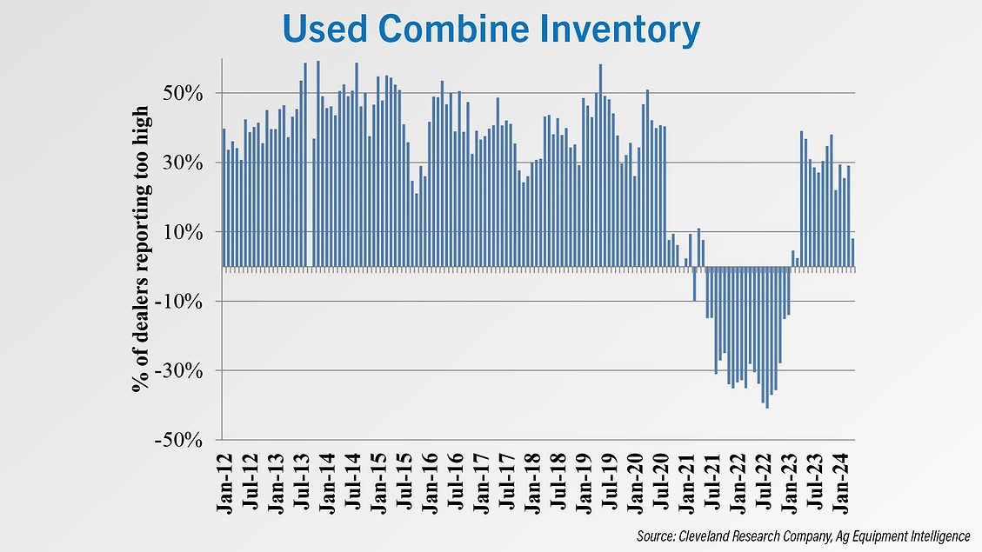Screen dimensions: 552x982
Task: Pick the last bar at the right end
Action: point(852,253)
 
